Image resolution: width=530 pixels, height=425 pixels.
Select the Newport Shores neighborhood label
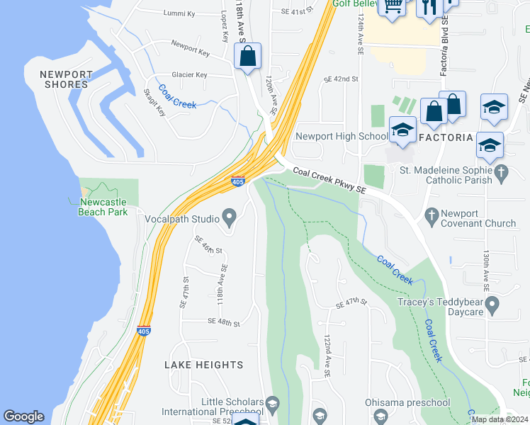tap(66, 79)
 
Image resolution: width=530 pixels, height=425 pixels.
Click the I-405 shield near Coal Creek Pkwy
tap(238, 182)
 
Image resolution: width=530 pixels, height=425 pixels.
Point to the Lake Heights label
tap(203, 365)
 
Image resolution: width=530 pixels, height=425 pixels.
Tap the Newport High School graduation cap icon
tap(402, 130)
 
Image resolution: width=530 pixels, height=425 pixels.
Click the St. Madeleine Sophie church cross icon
tap(501, 171)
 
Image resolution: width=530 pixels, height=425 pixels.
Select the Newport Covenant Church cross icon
tap(430, 214)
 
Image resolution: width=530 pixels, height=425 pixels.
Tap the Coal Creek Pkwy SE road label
tap(329, 180)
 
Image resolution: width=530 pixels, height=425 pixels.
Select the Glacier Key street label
tap(189, 75)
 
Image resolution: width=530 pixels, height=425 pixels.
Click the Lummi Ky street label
tap(179, 13)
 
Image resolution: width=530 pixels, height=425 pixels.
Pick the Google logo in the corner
tap(23, 416)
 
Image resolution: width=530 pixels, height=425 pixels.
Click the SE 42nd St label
tap(341, 79)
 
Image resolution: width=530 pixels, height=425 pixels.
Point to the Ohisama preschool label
tap(407, 403)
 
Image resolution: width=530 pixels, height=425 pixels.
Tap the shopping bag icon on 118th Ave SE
tap(247, 57)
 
